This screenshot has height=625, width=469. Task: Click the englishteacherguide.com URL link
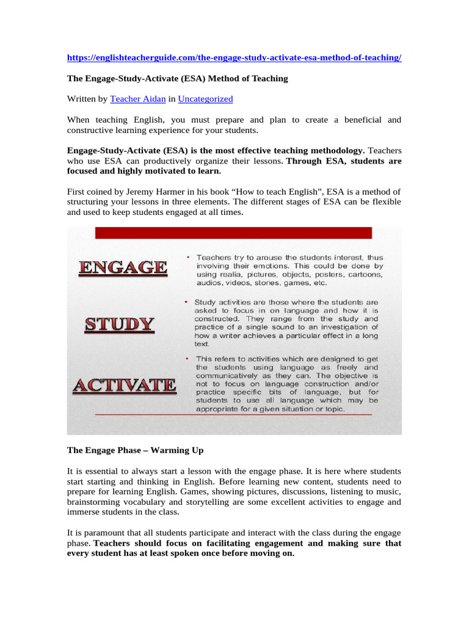tap(234, 57)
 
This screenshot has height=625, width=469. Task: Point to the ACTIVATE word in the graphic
tap(124, 385)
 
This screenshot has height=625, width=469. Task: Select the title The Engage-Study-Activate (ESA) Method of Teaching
tap(177, 78)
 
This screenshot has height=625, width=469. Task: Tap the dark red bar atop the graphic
tap(233, 233)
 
